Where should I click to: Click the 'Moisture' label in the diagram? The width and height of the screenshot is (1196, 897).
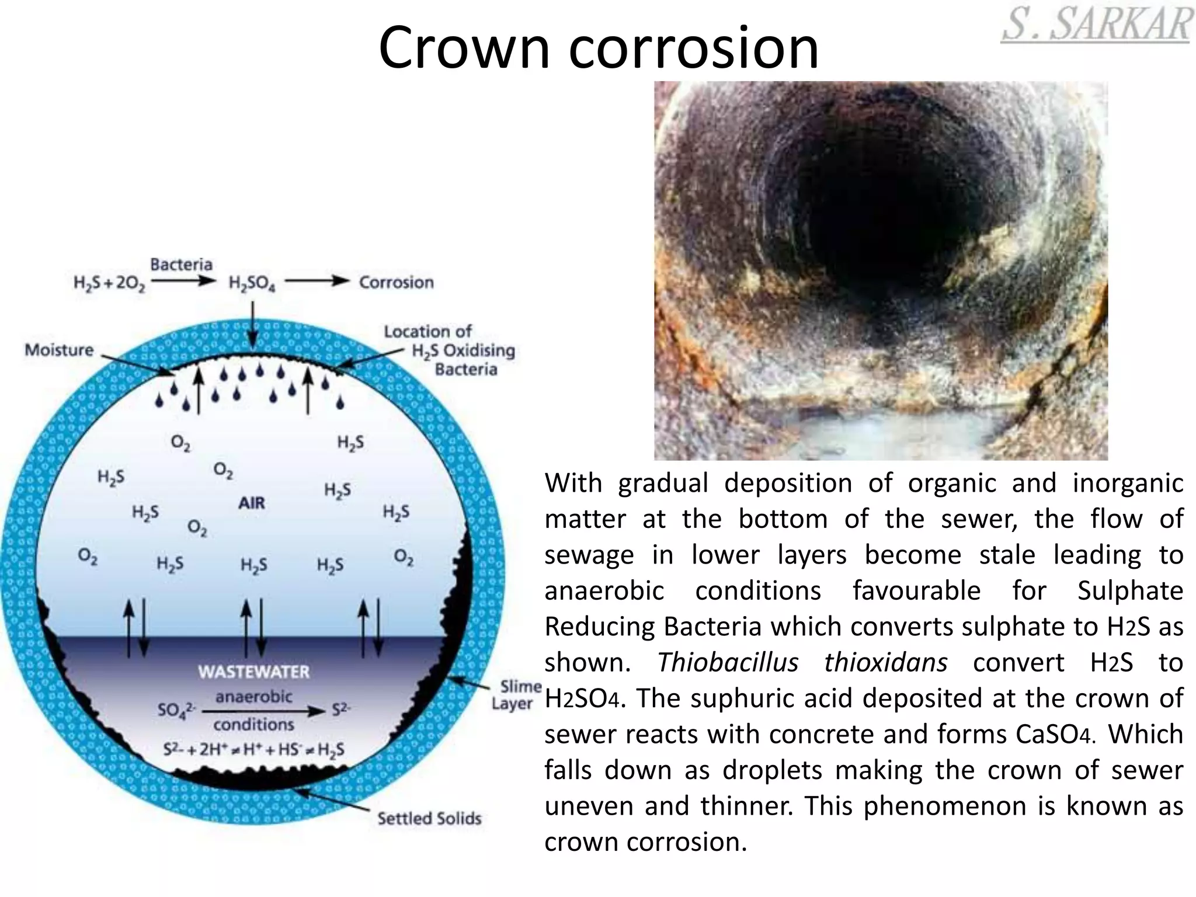coord(59,350)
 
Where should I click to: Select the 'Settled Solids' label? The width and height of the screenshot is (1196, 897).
coord(429,818)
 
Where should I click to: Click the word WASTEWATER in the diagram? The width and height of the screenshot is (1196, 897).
coord(253,672)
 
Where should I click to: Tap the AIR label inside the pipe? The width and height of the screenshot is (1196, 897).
coord(252,503)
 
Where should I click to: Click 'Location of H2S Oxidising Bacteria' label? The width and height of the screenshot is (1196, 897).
coord(456,350)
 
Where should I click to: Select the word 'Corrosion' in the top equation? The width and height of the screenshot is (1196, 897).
coord(396,283)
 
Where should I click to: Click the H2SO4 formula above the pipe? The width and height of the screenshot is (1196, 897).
coord(252,284)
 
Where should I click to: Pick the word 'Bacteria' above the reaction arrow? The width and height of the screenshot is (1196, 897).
coord(181,264)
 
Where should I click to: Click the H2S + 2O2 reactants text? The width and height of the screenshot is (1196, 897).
coord(109,284)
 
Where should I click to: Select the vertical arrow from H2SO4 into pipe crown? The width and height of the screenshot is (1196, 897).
coord(252,324)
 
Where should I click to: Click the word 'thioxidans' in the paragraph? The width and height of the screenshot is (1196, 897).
coord(885,662)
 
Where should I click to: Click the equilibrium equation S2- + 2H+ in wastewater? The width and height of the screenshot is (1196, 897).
coord(253,749)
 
